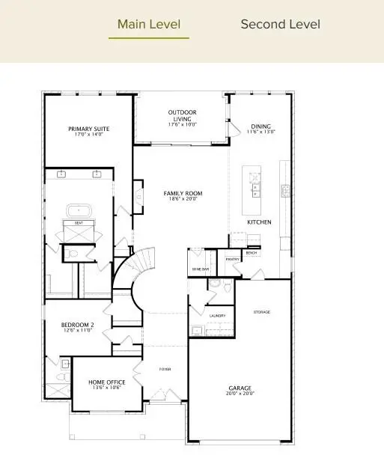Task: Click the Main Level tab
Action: pyautogui.click(x=149, y=25)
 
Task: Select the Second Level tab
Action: pyautogui.click(x=280, y=25)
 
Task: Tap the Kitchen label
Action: pyautogui.click(x=260, y=222)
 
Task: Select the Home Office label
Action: pyautogui.click(x=105, y=384)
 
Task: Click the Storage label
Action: pyautogui.click(x=261, y=311)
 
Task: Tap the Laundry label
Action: pyautogui.click(x=217, y=316)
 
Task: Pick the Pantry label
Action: pyautogui.click(x=232, y=259)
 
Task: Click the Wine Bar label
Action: pyautogui.click(x=198, y=269)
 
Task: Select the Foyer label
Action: pyautogui.click(x=165, y=369)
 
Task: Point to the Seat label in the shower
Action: pyautogui.click(x=78, y=222)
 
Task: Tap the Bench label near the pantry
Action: pyautogui.click(x=252, y=253)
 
